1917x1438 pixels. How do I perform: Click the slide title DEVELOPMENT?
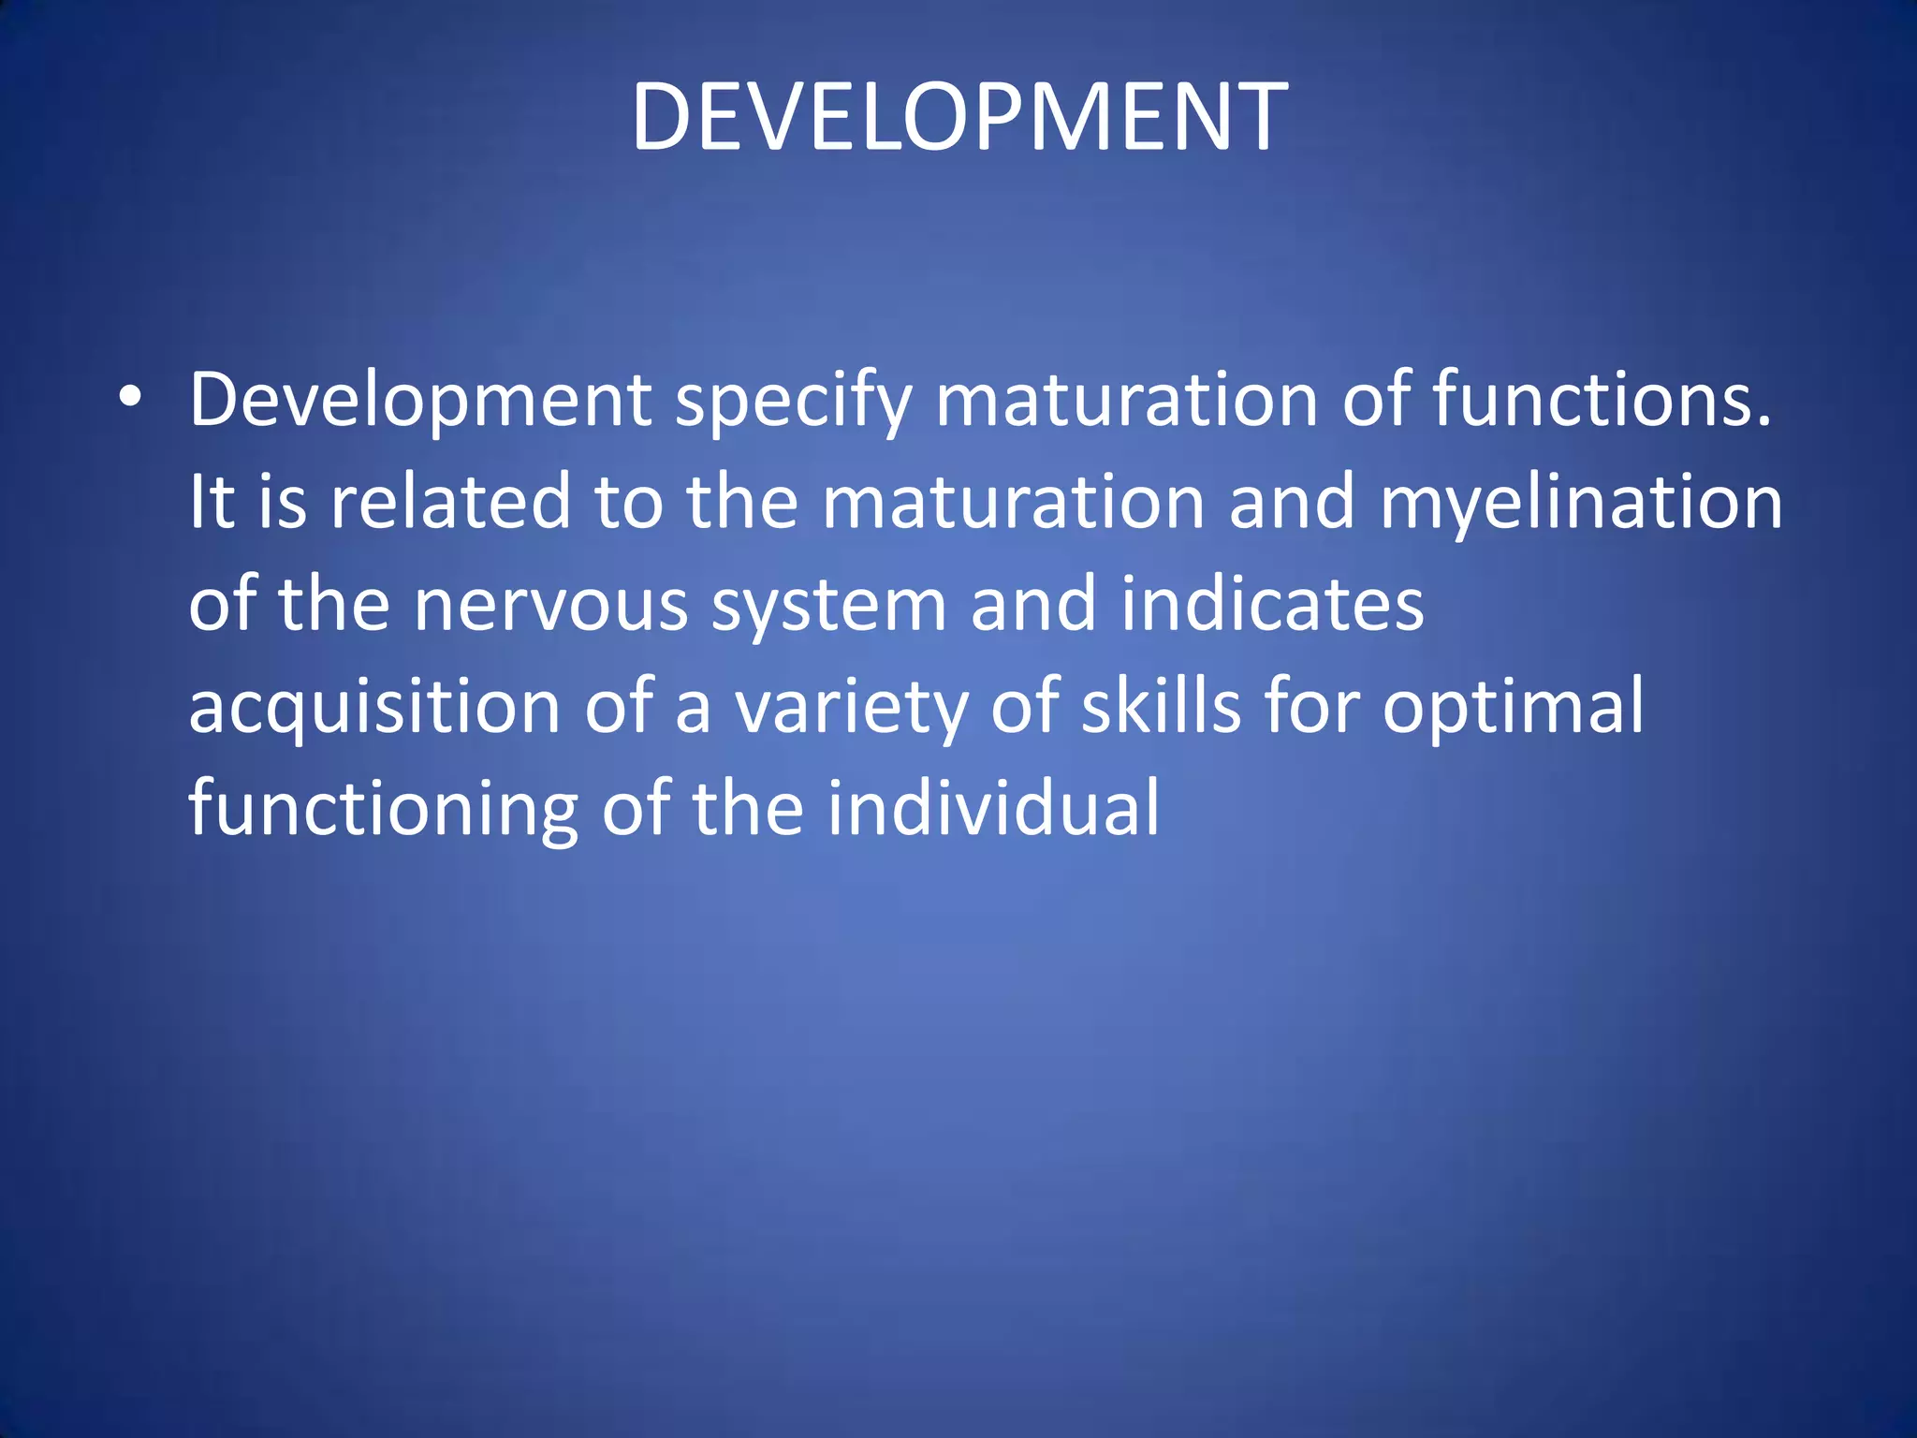click(959, 117)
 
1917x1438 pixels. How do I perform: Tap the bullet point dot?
click(130, 398)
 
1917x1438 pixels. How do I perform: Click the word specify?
click(793, 401)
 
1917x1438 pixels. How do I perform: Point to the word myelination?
click(1581, 503)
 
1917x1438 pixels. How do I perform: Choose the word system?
click(828, 607)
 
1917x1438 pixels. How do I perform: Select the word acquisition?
click(374, 708)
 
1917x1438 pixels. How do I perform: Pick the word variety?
click(850, 708)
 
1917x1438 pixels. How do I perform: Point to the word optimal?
click(1513, 708)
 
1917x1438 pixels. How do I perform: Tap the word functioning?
click(383, 809)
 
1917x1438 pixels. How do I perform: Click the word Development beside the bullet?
click(420, 401)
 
